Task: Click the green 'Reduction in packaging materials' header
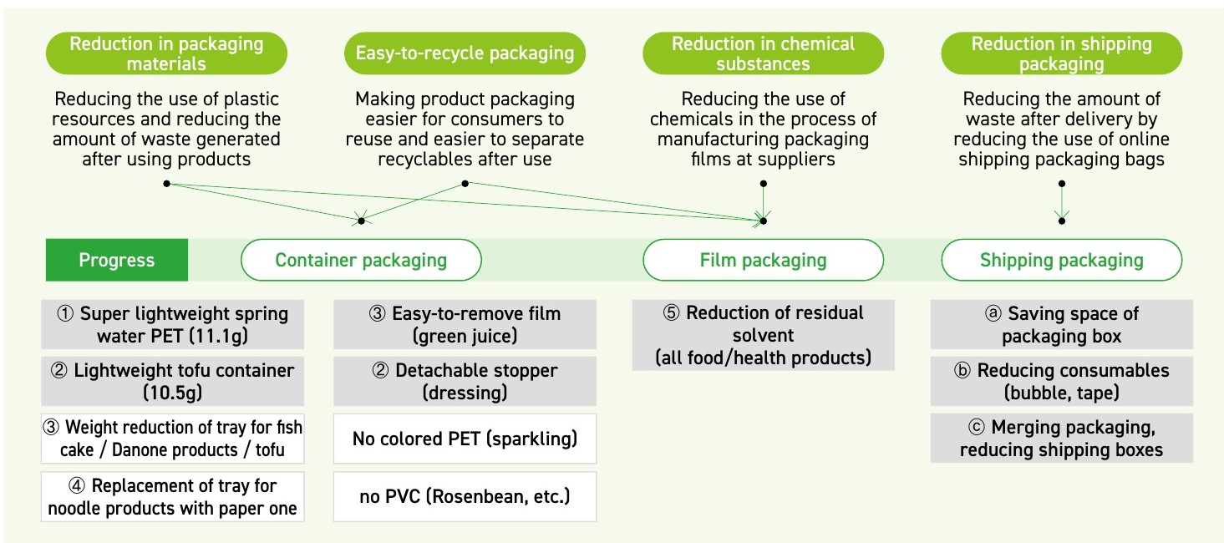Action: pos(165,53)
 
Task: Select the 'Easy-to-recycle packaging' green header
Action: pos(465,53)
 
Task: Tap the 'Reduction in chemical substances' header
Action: pos(763,53)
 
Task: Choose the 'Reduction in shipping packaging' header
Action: pos(1061,53)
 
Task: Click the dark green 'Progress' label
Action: pos(117,260)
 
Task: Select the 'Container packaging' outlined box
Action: pos(361,260)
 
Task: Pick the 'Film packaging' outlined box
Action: pos(763,260)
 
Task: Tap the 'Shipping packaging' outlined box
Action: pos(1061,260)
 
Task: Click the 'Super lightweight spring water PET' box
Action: pos(173,325)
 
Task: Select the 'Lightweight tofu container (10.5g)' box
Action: pos(173,382)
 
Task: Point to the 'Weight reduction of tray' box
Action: pos(173,439)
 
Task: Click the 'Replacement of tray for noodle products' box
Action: pos(173,497)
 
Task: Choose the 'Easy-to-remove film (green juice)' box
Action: pos(465,325)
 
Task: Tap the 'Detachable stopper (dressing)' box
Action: pos(465,382)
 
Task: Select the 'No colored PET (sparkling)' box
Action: pos(465,439)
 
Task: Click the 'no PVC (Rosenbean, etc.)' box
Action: pos(465,497)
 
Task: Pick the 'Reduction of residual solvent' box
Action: pos(763,335)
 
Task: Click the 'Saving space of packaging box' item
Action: pos(1061,325)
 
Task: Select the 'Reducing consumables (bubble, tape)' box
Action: pos(1061,382)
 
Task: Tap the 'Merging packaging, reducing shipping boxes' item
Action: pos(1061,439)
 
